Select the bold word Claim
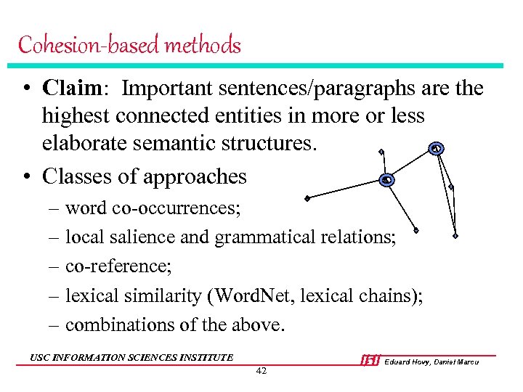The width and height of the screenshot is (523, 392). click(x=72, y=89)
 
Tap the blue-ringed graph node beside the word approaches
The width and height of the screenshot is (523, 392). click(x=387, y=179)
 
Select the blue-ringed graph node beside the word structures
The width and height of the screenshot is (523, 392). click(x=436, y=148)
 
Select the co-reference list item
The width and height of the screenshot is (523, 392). click(x=118, y=266)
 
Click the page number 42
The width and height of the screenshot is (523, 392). click(x=261, y=371)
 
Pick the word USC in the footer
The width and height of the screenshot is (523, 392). click(x=40, y=357)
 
